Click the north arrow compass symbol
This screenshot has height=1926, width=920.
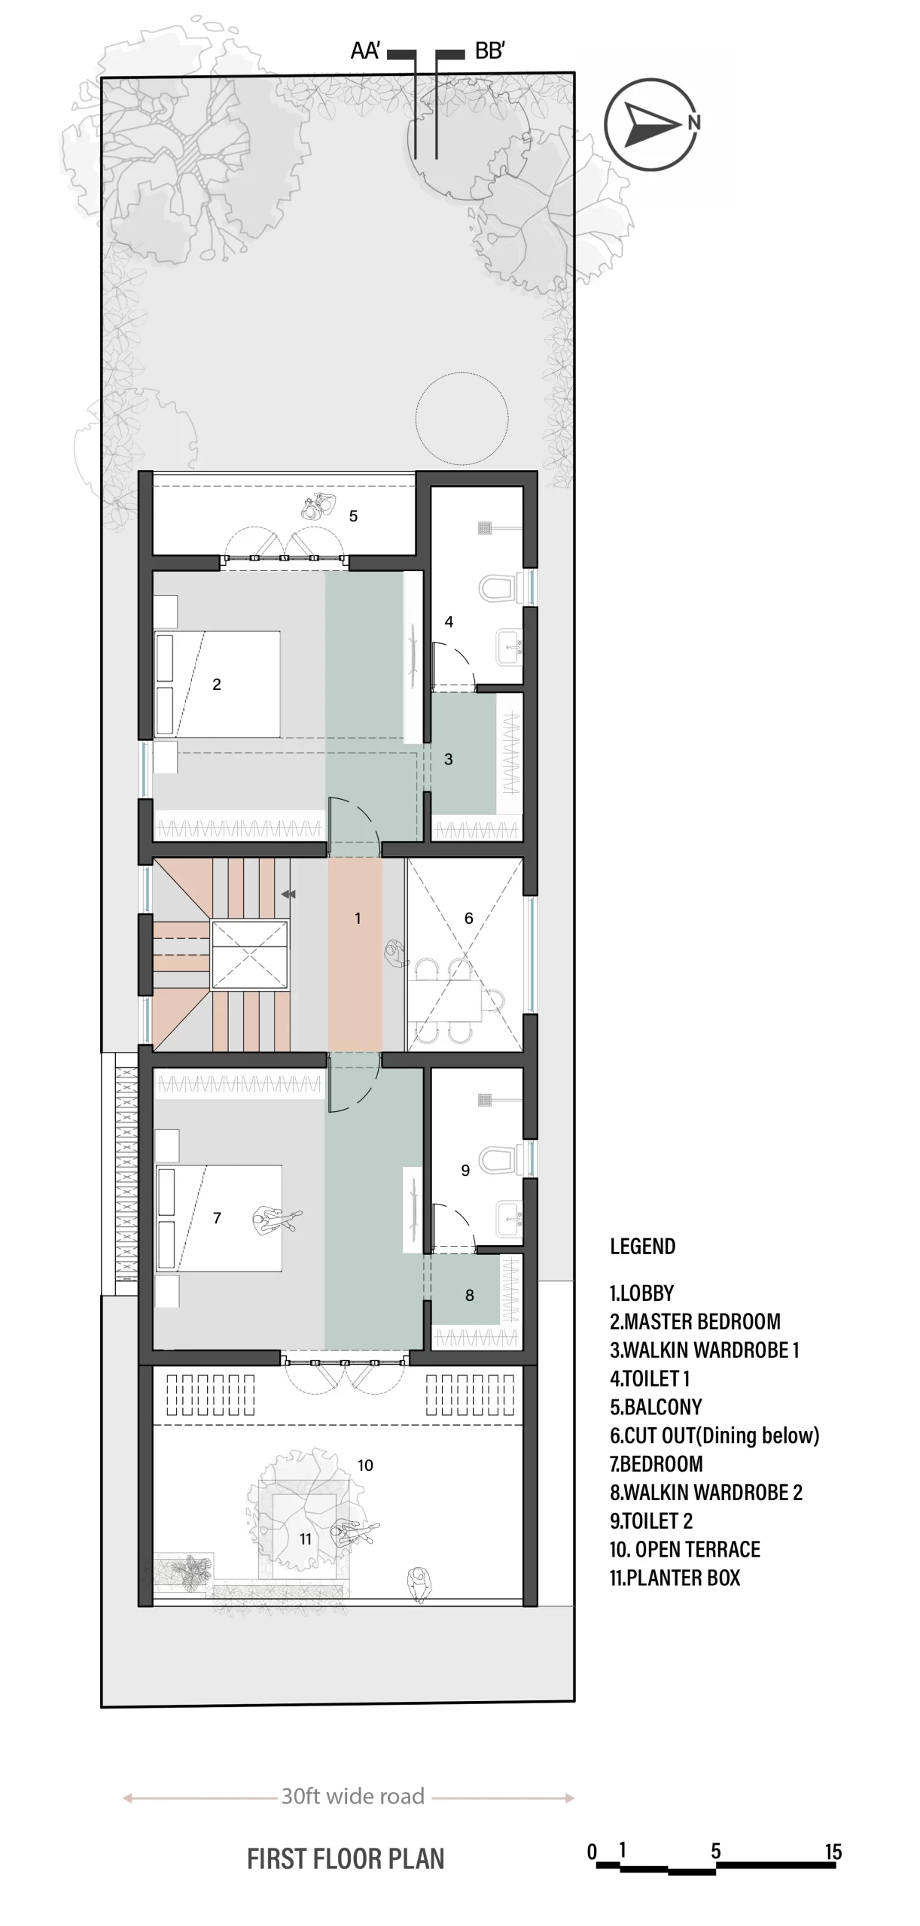[x=652, y=124]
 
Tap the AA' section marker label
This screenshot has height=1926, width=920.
[x=365, y=51]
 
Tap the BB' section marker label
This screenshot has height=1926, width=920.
[x=490, y=51]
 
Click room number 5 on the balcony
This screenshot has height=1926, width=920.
[x=353, y=516]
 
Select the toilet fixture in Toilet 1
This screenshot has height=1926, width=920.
[x=498, y=588]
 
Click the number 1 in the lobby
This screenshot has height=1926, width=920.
[x=358, y=918]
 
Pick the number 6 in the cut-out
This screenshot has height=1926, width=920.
[x=468, y=918]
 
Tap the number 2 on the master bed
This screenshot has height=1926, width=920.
[x=217, y=684]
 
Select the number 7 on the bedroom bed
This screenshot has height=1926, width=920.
[x=217, y=1218]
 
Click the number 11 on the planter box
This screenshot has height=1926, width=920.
[x=305, y=1539]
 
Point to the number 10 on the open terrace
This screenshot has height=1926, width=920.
[x=365, y=1465]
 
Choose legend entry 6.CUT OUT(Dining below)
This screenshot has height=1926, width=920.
[x=714, y=1435]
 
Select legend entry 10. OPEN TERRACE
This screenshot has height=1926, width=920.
[x=685, y=1549]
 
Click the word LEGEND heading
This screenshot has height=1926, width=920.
[x=642, y=1246]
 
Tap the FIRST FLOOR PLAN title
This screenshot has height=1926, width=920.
[x=346, y=1859]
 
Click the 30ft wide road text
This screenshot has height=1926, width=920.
[x=353, y=1796]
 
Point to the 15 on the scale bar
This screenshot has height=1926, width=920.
[x=833, y=1852]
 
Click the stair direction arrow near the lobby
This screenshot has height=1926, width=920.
[x=288, y=895]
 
